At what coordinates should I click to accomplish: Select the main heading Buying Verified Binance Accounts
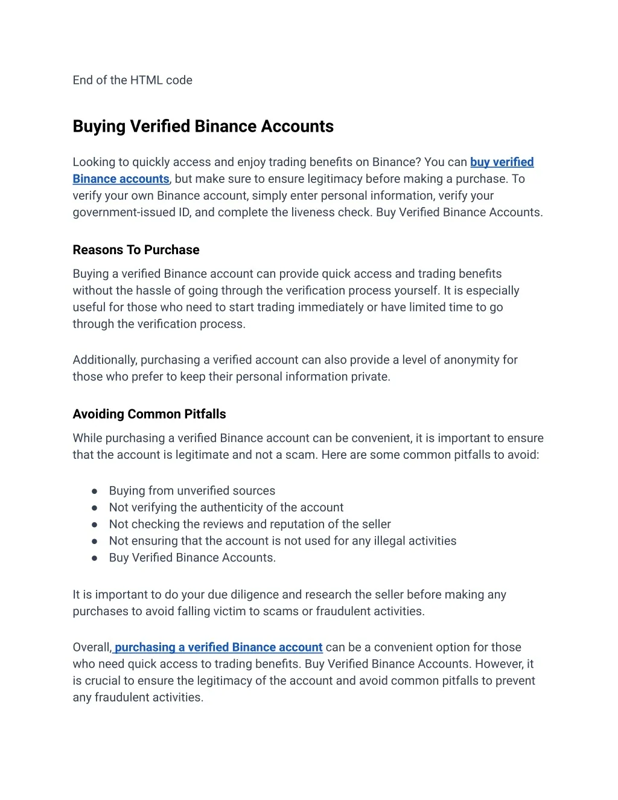tap(203, 126)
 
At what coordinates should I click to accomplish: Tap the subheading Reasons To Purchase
tap(136, 250)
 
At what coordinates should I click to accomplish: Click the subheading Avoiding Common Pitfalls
tap(149, 414)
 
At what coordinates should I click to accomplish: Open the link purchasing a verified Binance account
tap(218, 647)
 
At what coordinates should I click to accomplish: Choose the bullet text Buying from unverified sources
tap(192, 491)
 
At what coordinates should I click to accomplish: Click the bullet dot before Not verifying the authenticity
tap(95, 508)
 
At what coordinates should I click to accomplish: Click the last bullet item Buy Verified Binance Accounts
tap(192, 558)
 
